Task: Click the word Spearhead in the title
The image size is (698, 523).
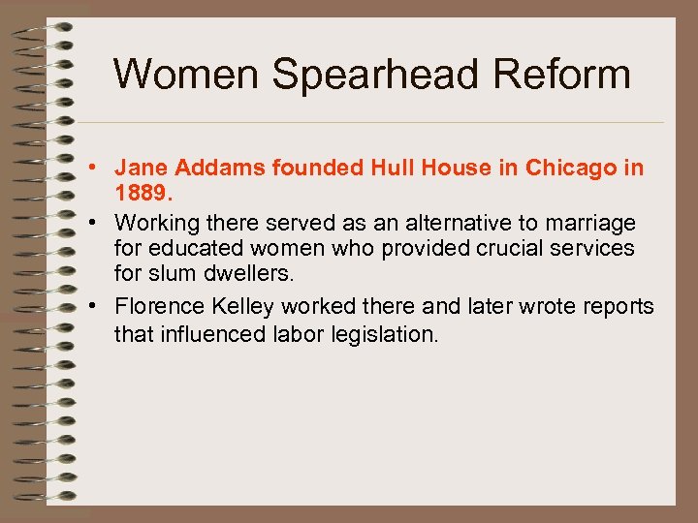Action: tap(371, 74)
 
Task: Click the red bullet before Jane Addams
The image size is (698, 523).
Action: tap(101, 168)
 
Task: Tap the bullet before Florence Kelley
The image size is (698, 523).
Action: tap(101, 307)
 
